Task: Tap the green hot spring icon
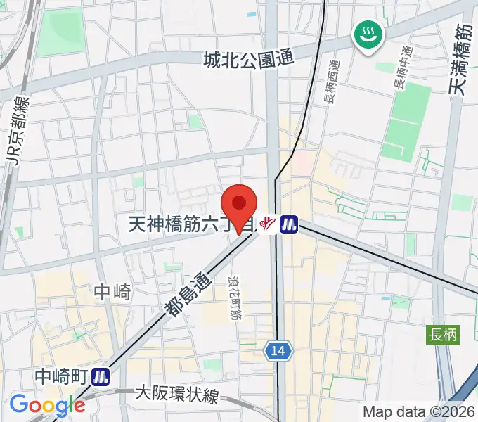tap(368, 34)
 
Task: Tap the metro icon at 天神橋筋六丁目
tap(289, 224)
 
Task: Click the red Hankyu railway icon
tap(266, 224)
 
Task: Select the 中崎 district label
tap(112, 292)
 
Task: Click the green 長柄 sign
tap(443, 335)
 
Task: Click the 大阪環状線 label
tap(176, 395)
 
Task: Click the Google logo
tap(47, 405)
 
